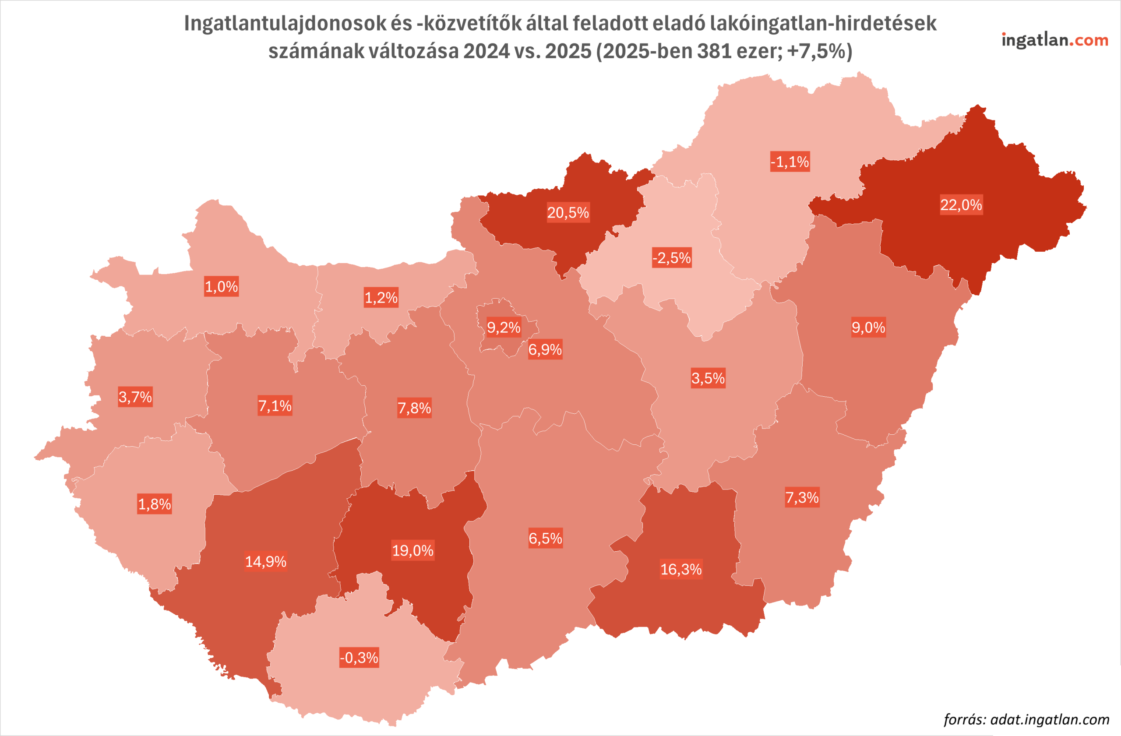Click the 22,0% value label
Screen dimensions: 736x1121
[x=961, y=205]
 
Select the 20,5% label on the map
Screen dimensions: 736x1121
[x=568, y=213]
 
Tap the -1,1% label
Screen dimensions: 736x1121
[x=790, y=162]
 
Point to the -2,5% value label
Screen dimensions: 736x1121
[x=672, y=258]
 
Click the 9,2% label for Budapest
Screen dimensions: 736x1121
[x=504, y=327]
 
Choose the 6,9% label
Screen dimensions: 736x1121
[x=545, y=349]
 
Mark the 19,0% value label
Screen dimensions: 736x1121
[x=412, y=550]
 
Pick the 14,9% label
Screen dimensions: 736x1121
[x=266, y=561]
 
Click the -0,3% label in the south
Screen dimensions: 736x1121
[x=360, y=658]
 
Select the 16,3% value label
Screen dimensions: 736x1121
[x=681, y=569]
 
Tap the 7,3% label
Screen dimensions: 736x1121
[x=802, y=497]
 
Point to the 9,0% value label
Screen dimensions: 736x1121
[x=868, y=327]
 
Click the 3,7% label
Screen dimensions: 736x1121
[x=135, y=397]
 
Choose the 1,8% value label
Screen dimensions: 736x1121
[x=155, y=504]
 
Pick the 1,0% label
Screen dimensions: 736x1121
[x=222, y=286]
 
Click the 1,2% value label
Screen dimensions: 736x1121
[x=381, y=298]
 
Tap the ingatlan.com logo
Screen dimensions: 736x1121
[x=1054, y=40]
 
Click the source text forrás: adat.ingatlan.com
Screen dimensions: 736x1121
[x=1026, y=719]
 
